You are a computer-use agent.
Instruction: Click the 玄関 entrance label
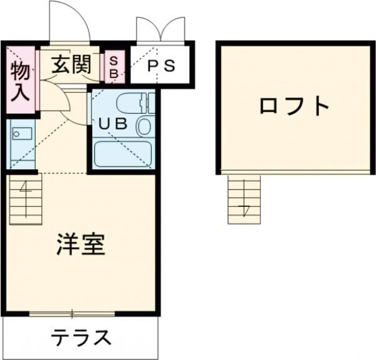coord(70,64)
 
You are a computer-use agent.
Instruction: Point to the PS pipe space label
coord(160,66)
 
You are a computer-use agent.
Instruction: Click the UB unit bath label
coord(113,124)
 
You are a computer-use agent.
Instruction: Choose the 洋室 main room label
coord(80,243)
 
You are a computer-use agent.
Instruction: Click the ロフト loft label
coord(295,105)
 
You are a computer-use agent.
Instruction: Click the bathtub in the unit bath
coord(123,154)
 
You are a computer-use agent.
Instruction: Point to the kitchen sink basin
coord(21,133)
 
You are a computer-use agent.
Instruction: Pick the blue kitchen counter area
coord(22,144)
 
